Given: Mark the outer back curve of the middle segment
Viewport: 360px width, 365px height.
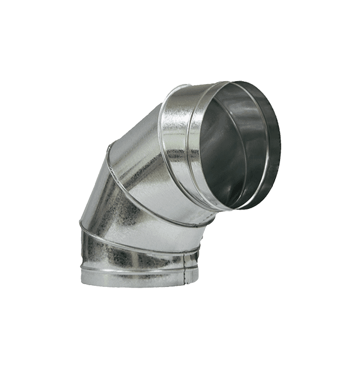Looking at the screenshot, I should click(x=90, y=192).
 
